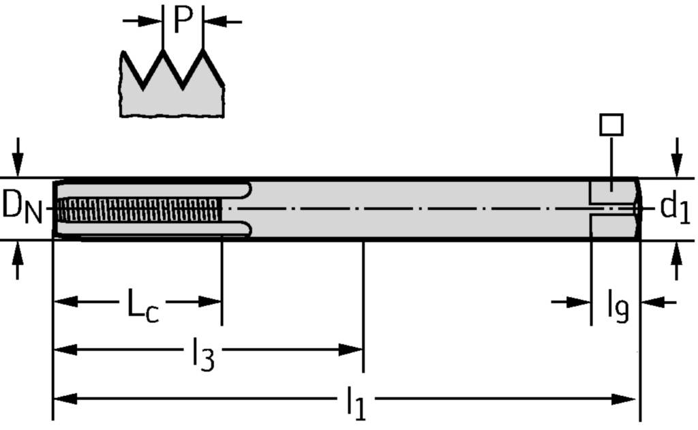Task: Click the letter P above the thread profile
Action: pyautogui.click(x=183, y=20)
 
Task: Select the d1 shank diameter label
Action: pyautogui.click(x=675, y=208)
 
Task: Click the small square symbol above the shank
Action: pyautogui.click(x=611, y=125)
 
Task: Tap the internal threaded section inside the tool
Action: pyautogui.click(x=140, y=210)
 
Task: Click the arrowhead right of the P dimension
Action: pyautogui.click(x=213, y=22)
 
